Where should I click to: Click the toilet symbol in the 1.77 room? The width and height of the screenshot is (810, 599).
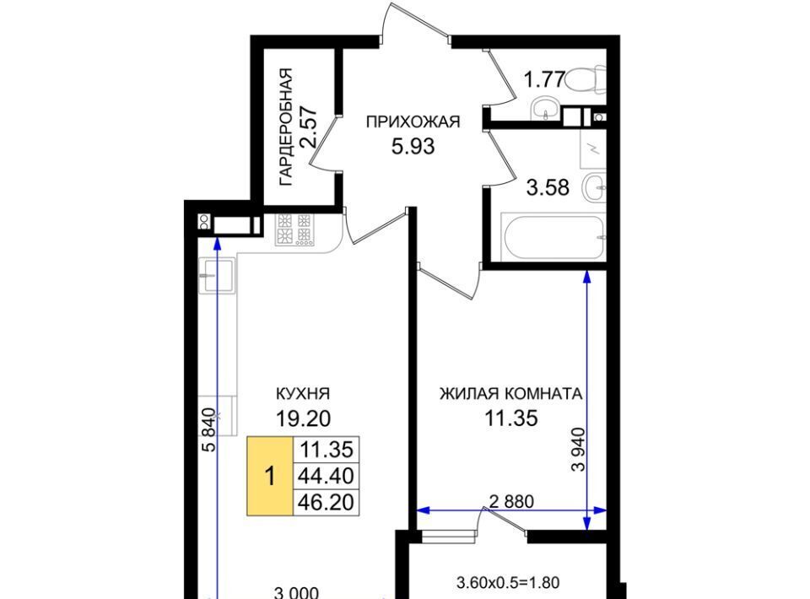(587, 80)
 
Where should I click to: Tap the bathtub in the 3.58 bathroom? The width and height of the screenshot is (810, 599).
(553, 238)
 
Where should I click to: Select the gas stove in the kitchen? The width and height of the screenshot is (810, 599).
(294, 229)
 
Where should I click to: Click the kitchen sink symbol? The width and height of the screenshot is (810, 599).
(217, 275)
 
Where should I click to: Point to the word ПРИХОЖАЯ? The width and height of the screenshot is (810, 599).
(413, 121)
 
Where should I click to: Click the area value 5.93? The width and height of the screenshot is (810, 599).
(413, 147)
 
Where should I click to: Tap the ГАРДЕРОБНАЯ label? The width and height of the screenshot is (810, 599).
(285, 127)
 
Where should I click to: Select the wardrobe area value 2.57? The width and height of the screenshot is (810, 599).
(310, 127)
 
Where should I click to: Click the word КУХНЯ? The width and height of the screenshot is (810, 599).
(303, 393)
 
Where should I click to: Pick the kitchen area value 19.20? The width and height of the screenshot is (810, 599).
(303, 418)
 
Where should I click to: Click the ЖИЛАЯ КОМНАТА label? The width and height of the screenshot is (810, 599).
(511, 393)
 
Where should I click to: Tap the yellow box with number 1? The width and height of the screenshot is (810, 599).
(270, 476)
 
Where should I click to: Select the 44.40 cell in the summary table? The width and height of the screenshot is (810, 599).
(326, 476)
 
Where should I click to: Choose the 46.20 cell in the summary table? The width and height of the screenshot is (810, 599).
(326, 502)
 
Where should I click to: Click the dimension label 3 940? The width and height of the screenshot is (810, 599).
(579, 449)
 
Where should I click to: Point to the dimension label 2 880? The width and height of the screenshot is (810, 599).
(511, 501)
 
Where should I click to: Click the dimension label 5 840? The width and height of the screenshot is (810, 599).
(208, 429)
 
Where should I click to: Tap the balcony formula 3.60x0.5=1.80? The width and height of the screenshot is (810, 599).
(508, 583)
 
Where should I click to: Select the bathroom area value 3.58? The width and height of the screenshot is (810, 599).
(548, 187)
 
